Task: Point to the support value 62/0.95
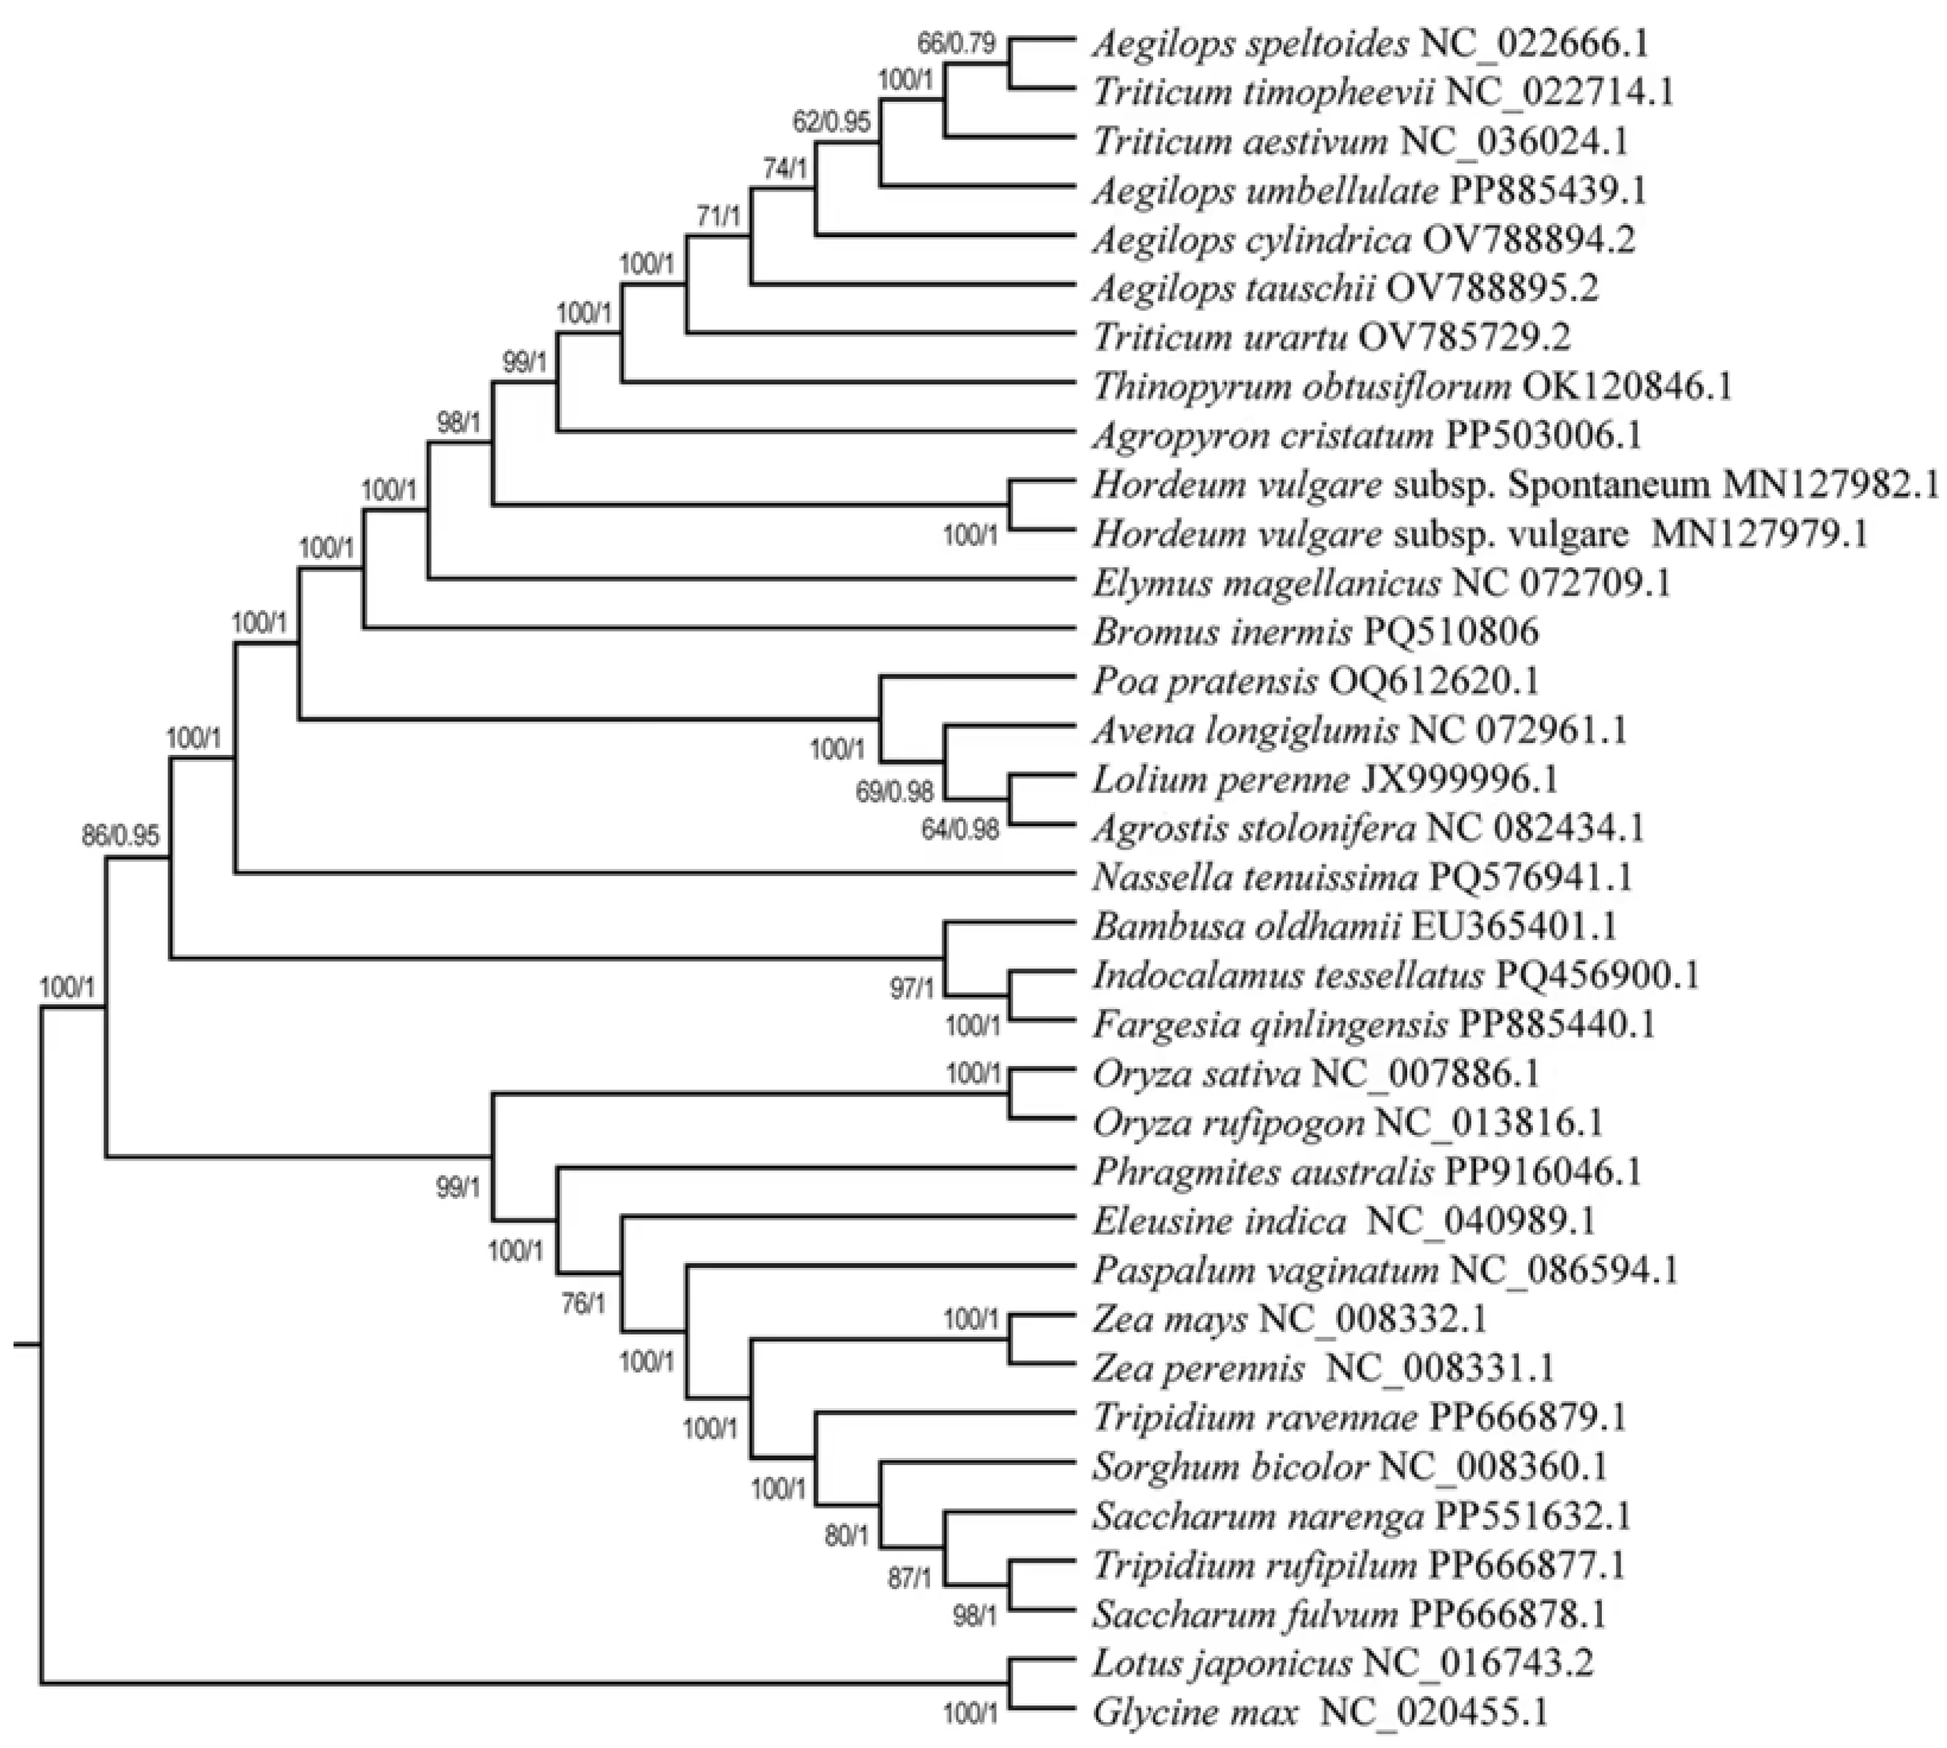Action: point(831,122)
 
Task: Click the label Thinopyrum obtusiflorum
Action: point(1301,387)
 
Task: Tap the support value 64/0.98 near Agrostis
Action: point(960,830)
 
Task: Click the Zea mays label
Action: point(1170,1320)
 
